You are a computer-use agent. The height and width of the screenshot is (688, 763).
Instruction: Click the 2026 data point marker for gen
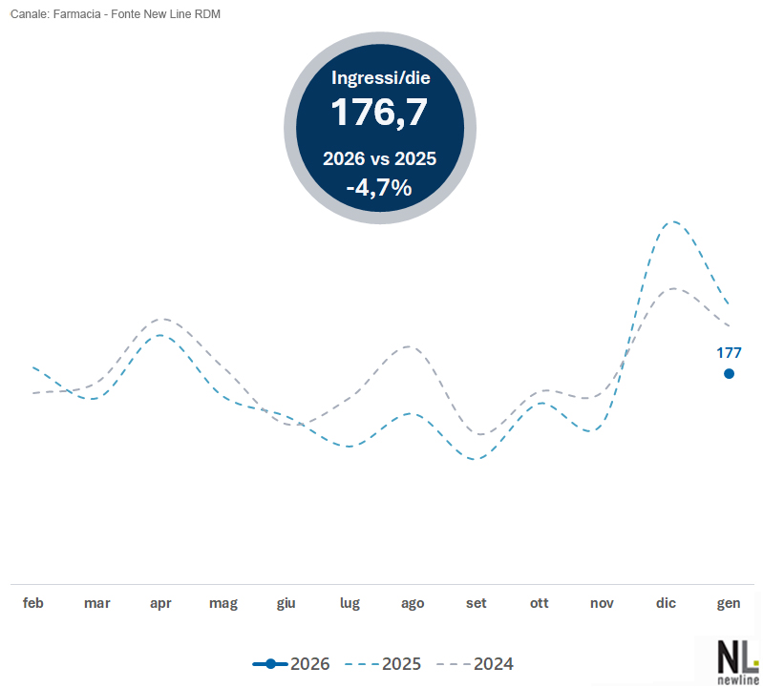point(730,374)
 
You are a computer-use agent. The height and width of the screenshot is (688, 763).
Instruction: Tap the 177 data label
point(730,353)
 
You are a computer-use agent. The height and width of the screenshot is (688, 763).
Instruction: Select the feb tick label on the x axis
point(33,603)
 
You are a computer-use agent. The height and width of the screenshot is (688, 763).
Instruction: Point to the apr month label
point(160,603)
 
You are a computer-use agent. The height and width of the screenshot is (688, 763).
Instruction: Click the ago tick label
point(413,603)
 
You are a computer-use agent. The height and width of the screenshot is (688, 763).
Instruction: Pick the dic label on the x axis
point(666,603)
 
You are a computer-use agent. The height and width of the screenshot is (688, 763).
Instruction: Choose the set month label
point(476,603)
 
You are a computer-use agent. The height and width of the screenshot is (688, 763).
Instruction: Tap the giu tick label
point(286,603)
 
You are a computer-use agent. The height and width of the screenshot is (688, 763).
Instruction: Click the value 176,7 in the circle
point(379,113)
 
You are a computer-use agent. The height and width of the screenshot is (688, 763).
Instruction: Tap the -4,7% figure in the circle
point(379,187)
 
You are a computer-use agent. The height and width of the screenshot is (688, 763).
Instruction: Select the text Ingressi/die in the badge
point(379,78)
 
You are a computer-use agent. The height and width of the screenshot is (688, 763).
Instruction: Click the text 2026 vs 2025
point(379,158)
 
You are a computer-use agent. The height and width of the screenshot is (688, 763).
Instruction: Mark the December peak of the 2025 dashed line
point(674,222)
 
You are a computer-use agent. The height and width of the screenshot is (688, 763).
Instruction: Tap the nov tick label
point(602,603)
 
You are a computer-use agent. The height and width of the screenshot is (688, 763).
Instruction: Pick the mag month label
point(223,603)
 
